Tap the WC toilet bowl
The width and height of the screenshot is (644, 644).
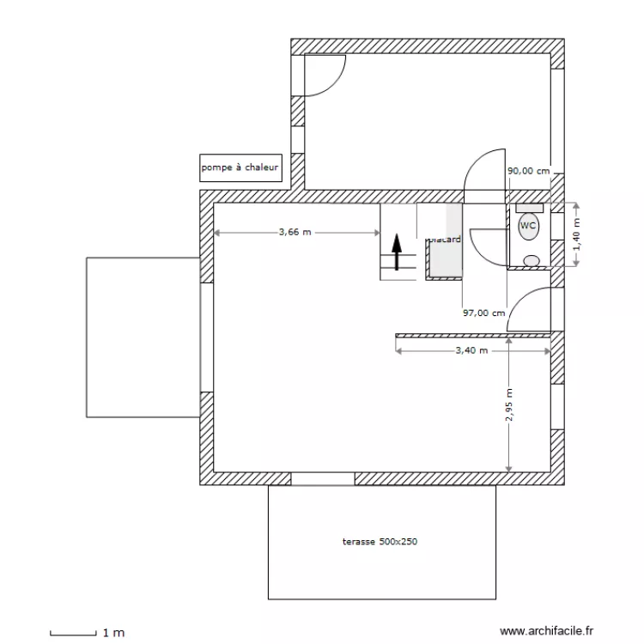(528, 226)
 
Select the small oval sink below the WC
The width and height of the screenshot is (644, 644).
(532, 260)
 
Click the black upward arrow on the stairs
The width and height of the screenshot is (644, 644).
(397, 252)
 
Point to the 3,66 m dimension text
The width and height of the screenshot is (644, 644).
(295, 232)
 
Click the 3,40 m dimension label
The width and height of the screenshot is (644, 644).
(471, 350)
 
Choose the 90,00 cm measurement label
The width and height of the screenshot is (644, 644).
(528, 171)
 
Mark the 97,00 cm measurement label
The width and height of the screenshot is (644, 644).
(483, 313)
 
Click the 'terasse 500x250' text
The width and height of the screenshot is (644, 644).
(380, 542)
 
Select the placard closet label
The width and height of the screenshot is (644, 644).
(446, 240)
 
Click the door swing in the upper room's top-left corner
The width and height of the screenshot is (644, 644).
(325, 75)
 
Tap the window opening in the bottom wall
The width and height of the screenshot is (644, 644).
(323, 478)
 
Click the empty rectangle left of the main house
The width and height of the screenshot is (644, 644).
(143, 337)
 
